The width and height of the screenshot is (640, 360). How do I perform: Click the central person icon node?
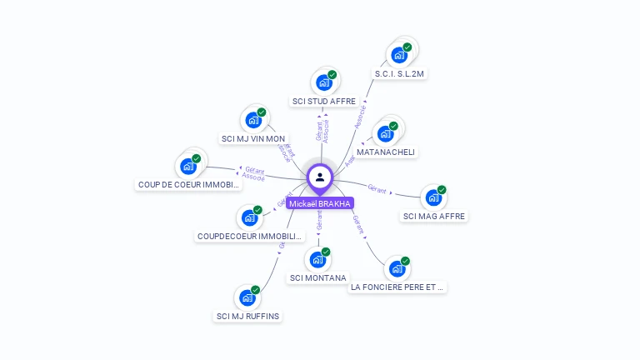(x=320, y=177)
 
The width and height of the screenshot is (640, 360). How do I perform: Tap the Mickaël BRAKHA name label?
(x=320, y=203)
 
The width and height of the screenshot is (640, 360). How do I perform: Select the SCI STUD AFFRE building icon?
(x=323, y=83)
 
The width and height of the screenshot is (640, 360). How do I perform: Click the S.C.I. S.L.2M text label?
(x=400, y=74)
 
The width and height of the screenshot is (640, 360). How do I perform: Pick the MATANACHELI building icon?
(x=385, y=133)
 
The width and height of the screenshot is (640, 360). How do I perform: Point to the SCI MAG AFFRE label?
(x=434, y=216)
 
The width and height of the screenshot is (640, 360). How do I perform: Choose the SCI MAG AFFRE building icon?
(x=432, y=197)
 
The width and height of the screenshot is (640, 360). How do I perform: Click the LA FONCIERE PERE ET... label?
(x=397, y=287)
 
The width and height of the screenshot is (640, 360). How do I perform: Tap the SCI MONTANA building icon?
(x=317, y=260)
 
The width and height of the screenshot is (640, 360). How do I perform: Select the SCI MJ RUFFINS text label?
(x=247, y=316)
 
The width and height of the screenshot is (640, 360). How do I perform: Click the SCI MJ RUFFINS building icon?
(x=247, y=297)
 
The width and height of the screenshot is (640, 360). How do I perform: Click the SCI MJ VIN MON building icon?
(x=252, y=120)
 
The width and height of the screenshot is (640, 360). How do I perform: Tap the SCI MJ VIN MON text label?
(x=252, y=138)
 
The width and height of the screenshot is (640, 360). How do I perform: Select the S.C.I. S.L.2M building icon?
(x=399, y=55)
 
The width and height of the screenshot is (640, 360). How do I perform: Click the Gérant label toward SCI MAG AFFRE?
(x=377, y=189)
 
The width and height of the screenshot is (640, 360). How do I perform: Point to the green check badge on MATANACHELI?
(x=393, y=126)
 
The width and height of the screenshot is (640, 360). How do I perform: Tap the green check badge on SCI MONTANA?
(x=326, y=252)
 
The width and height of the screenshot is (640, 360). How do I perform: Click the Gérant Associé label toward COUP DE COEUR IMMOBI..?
(x=252, y=173)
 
